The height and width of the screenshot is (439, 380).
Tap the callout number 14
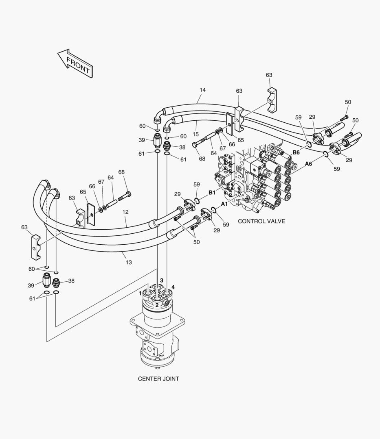[x=203, y=90]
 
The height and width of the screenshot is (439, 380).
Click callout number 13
[x=129, y=262]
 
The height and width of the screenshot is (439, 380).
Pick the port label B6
[x=296, y=152]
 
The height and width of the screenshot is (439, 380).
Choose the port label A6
[x=309, y=164]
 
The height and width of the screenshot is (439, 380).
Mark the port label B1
[x=212, y=192]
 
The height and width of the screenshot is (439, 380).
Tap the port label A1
[x=224, y=203]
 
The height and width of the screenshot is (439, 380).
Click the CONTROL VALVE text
[x=261, y=221]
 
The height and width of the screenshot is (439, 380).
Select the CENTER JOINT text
[x=158, y=378]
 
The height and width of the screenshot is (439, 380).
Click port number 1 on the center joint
[x=140, y=293]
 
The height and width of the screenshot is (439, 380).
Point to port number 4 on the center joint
[x=173, y=287]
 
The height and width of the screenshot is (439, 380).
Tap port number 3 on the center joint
[x=162, y=280]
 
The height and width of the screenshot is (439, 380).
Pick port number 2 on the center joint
[x=157, y=304]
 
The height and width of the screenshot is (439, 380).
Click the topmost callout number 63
[x=269, y=75]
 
